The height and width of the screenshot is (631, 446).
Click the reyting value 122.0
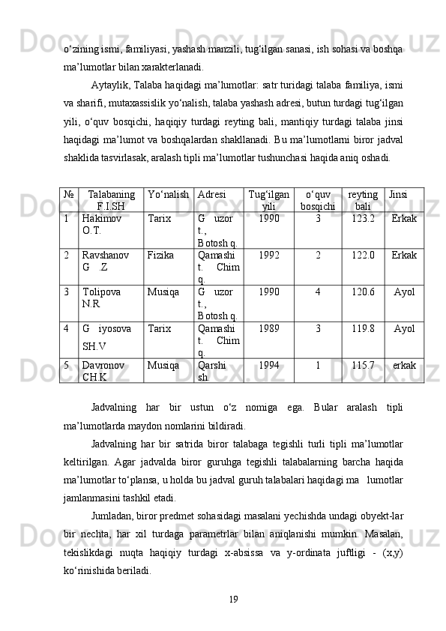[363, 256]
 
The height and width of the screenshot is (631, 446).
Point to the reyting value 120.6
[363, 292]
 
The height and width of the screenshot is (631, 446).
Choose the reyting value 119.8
[363, 328]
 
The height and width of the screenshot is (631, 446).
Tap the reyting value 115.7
[363, 365]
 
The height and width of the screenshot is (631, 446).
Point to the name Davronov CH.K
[104, 371]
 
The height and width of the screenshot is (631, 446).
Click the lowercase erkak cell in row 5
[405, 365]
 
